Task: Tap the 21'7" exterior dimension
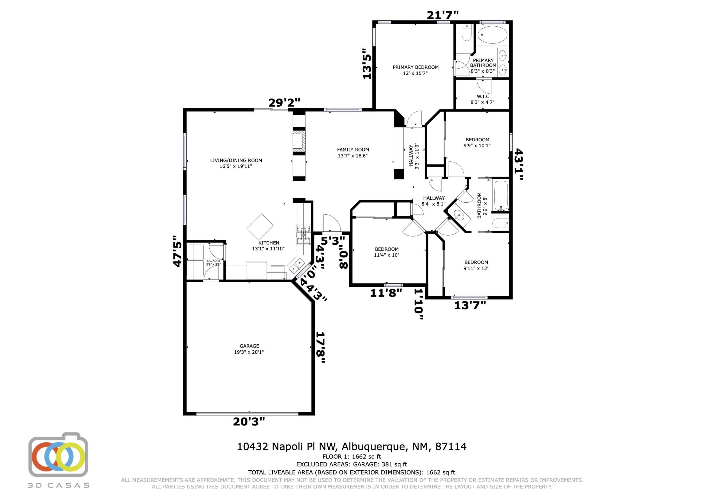pos(443,15)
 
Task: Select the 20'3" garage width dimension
pos(249,422)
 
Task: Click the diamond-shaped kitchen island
pos(260,227)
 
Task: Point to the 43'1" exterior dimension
pos(519,164)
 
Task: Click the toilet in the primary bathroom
pos(466,33)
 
